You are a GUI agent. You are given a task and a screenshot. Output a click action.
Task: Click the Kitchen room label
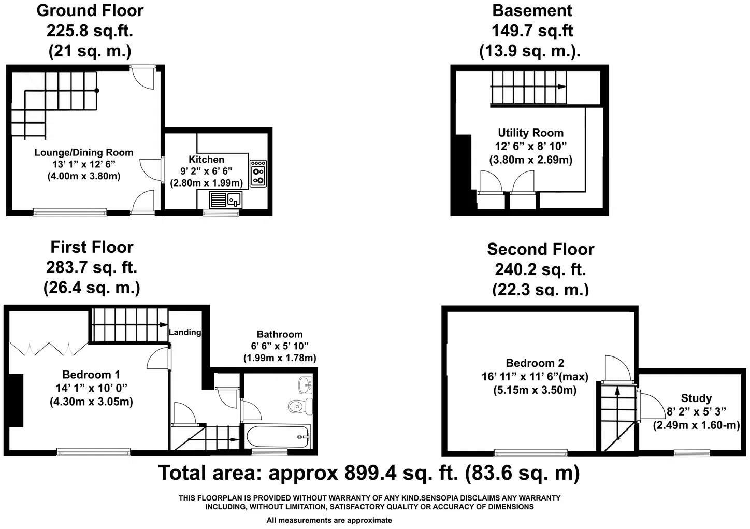206,160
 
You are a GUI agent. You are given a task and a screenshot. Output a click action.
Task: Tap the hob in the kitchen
258,173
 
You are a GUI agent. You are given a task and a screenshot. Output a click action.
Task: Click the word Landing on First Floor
185,332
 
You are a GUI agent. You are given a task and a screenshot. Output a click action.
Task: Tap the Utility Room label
530,133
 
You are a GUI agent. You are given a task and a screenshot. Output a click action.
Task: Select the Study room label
696,398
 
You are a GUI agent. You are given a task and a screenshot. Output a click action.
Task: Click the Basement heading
532,10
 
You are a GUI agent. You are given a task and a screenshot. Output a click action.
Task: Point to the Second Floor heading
540,249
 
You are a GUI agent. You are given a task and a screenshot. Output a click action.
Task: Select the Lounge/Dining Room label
84,152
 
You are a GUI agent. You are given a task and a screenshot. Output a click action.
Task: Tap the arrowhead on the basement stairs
561,87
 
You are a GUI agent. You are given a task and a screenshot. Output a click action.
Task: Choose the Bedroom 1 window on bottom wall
94,452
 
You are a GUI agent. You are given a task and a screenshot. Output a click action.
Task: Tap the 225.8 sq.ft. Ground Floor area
90,31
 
